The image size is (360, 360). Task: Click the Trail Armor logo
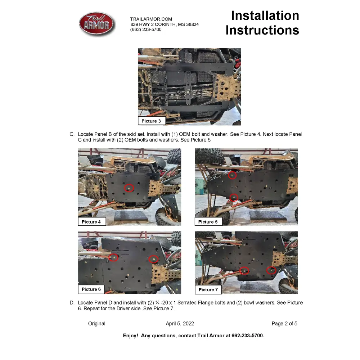pos(96,24)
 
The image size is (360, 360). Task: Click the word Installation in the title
pos(265,15)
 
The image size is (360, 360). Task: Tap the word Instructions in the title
pos(262,30)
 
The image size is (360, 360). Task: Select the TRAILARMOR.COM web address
pos(151,19)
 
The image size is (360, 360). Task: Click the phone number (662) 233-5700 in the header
pos(146,30)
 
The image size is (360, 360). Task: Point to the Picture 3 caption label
pos(151,121)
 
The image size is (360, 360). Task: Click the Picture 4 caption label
pos(91,222)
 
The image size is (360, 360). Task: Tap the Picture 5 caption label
pos(208,222)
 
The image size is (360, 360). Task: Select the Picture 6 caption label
pos(91,289)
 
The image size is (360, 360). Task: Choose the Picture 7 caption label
pos(208,289)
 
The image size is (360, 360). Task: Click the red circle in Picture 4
pos(129,188)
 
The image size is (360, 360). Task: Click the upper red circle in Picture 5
pos(233,175)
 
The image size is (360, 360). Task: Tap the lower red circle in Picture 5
pos(234,197)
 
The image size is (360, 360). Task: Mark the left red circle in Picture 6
pos(113,257)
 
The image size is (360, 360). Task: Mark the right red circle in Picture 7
pos(271,270)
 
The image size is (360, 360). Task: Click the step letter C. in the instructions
pos(72,134)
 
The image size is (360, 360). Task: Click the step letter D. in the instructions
pos(72,303)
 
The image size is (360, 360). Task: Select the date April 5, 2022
pos(180,324)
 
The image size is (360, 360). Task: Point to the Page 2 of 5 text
pos(284,324)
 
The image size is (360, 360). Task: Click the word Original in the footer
pos(97,324)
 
